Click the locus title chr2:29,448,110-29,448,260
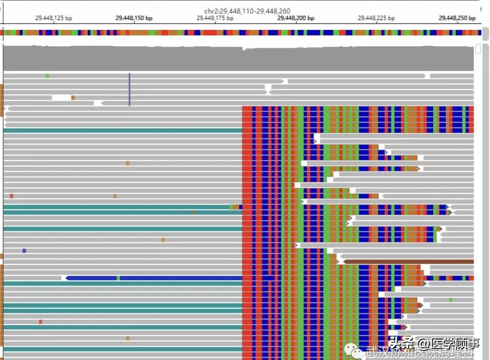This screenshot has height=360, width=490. [x=247, y=11]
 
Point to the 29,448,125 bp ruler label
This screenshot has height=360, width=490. [x=54, y=18]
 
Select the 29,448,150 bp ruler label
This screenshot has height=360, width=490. [x=134, y=18]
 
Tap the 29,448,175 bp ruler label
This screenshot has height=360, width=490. [x=215, y=18]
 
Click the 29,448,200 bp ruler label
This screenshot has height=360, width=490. [x=295, y=18]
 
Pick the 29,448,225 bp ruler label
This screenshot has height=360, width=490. [x=376, y=18]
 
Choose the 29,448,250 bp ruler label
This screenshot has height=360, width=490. [x=457, y=18]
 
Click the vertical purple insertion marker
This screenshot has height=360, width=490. [x=129, y=89]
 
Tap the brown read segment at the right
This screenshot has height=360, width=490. [x=408, y=262]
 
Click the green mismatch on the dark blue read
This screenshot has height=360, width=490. [x=118, y=278]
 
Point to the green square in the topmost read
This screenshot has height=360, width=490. [x=47, y=76]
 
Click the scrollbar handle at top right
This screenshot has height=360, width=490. [x=478, y=49]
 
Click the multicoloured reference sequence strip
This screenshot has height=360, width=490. [x=240, y=33]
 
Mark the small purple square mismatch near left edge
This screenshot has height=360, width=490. [x=24, y=251]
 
